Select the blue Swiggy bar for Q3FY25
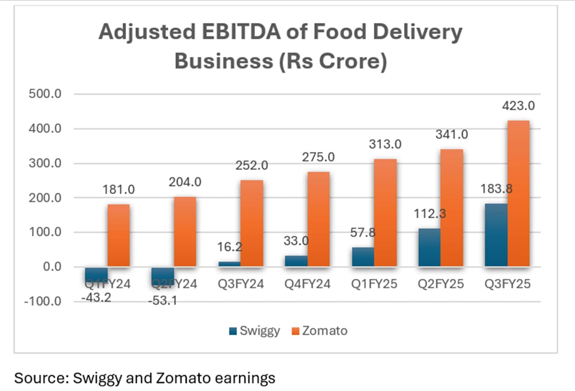(x=496, y=235)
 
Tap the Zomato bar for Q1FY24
(x=119, y=235)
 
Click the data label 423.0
(x=518, y=106)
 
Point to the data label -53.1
(x=162, y=300)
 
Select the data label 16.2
(x=229, y=247)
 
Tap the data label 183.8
(x=496, y=189)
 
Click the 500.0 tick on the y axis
(x=45, y=94)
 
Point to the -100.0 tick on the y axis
(x=42, y=301)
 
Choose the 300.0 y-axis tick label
(x=45, y=163)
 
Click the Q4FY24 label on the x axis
(x=307, y=284)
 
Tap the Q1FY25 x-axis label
(x=374, y=284)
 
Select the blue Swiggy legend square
(x=233, y=331)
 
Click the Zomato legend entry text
(x=325, y=331)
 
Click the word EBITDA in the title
(x=241, y=32)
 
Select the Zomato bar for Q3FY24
(x=252, y=223)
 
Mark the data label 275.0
(x=318, y=157)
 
